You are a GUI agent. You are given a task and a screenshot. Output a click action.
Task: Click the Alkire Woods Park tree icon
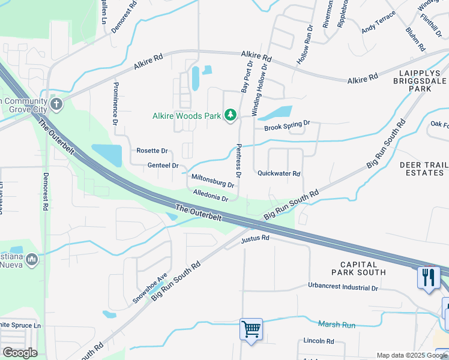(x=230, y=115)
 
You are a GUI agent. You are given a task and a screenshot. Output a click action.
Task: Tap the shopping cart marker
(x=251, y=328)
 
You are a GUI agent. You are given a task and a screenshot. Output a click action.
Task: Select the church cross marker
(x=56, y=105)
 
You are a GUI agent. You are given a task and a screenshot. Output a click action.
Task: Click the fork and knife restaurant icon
(x=428, y=278)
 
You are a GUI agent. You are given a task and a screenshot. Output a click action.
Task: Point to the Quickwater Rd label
(x=279, y=173)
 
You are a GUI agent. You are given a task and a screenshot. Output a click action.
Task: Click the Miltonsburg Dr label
(x=212, y=181)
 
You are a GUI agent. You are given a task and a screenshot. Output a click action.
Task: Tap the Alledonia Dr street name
(x=211, y=195)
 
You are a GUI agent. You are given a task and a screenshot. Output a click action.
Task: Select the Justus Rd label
(x=255, y=238)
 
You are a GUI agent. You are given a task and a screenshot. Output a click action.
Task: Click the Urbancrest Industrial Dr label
(x=343, y=287)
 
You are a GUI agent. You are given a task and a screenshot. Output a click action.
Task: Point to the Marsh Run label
(x=337, y=325)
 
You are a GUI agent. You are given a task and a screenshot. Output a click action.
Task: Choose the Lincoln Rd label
(x=318, y=341)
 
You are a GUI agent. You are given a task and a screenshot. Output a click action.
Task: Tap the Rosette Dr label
(x=152, y=151)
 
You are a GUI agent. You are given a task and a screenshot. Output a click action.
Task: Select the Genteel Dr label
(x=163, y=165)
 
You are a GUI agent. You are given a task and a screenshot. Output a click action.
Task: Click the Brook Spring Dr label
(x=287, y=127)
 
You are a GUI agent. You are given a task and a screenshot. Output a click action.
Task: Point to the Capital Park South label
(x=363, y=268)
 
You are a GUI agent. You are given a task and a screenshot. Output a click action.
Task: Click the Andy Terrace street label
(x=379, y=22)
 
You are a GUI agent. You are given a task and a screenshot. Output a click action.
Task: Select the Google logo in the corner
(x=20, y=353)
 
